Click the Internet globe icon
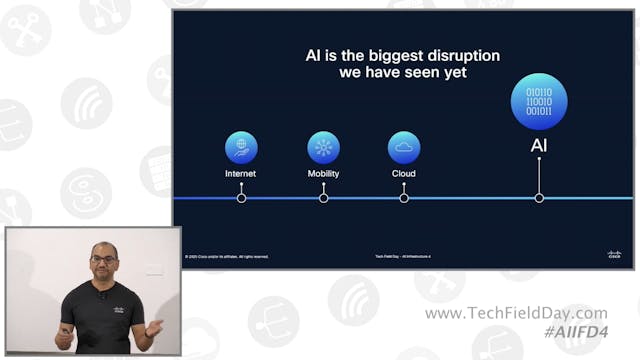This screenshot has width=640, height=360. coord(241,147)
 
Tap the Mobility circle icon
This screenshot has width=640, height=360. coord(323,147)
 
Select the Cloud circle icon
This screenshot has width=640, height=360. coord(404,147)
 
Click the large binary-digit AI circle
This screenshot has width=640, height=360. coord(539,103)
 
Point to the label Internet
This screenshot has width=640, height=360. coord(241,173)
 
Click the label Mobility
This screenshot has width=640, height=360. coord(323,173)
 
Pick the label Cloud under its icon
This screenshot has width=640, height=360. coord(404,173)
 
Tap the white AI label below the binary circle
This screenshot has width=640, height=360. coord(539,146)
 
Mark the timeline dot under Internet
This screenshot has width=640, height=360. coord(241,198)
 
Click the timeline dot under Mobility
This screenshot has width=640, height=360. coord(323,198)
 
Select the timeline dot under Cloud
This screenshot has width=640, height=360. coord(404,198)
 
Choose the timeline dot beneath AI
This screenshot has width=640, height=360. coord(539,198)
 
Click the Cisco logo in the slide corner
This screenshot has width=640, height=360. coord(614,255)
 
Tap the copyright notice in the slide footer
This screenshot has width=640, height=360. coord(227,257)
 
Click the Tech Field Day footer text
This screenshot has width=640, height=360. coord(402,257)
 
